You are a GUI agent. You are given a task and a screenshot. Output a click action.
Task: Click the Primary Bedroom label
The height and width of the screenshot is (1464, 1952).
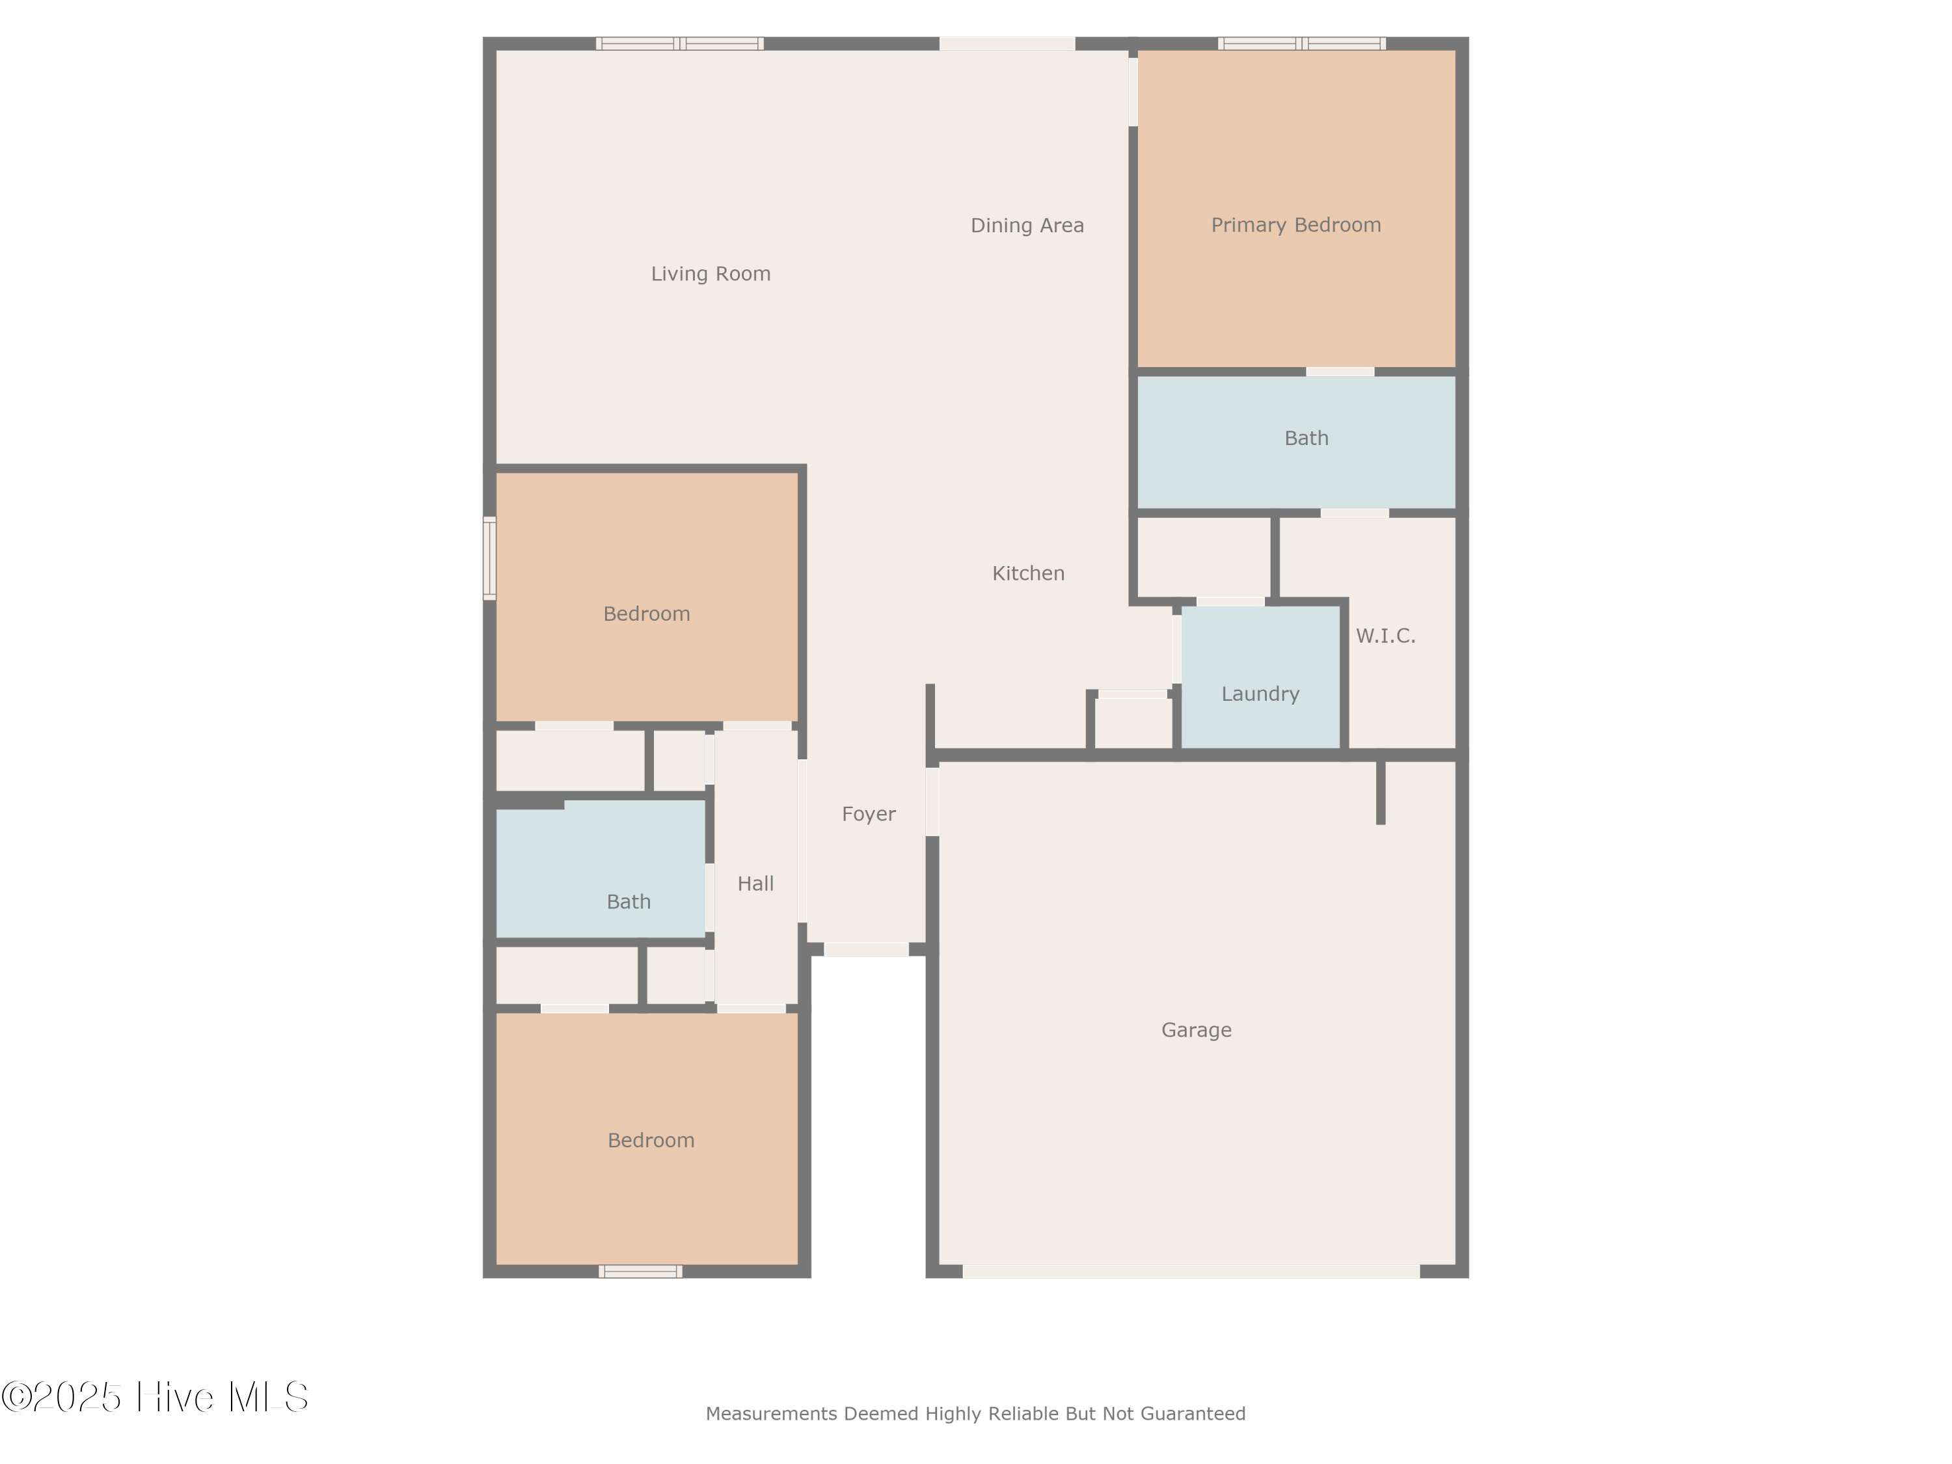click(1295, 225)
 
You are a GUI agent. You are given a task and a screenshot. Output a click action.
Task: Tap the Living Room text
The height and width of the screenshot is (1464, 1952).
click(711, 273)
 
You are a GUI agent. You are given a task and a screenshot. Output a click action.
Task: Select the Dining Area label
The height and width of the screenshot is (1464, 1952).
click(1027, 225)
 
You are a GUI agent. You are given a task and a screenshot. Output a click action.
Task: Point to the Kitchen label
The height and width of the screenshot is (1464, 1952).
click(1028, 574)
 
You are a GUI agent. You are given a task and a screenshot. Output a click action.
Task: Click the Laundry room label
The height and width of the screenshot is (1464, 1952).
click(1260, 694)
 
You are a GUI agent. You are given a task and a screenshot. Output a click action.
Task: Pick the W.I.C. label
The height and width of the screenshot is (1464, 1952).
click(1385, 635)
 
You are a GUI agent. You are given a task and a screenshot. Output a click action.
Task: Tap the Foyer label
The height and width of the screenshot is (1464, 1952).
click(869, 813)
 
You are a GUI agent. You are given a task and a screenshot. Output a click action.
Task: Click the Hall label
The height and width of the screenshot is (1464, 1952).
click(755, 884)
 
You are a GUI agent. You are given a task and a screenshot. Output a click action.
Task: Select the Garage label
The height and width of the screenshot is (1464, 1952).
click(1196, 1030)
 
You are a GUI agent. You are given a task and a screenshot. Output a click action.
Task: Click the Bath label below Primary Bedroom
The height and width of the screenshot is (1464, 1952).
click(1306, 438)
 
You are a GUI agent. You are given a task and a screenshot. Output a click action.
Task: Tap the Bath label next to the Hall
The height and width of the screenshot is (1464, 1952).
click(629, 902)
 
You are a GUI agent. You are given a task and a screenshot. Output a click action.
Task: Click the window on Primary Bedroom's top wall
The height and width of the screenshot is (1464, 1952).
click(1301, 43)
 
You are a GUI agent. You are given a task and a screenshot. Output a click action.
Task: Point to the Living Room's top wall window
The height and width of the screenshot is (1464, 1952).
click(679, 43)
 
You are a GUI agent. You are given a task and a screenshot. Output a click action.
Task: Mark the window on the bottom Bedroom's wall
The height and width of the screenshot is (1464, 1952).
click(640, 1271)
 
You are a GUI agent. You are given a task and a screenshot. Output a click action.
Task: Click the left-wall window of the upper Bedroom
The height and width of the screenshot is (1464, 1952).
click(489, 558)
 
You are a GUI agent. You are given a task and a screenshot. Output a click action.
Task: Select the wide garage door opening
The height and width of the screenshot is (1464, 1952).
click(1191, 1271)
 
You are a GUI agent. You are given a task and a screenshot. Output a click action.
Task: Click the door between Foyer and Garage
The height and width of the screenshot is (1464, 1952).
click(932, 801)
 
